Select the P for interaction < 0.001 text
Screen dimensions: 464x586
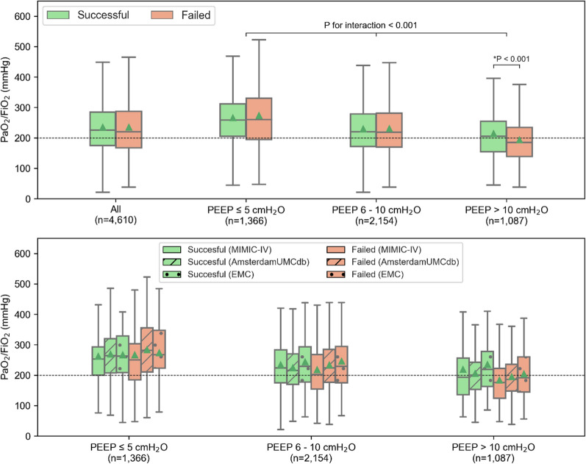pos(376,23)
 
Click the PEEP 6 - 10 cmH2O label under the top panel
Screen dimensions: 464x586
pos(376,214)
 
